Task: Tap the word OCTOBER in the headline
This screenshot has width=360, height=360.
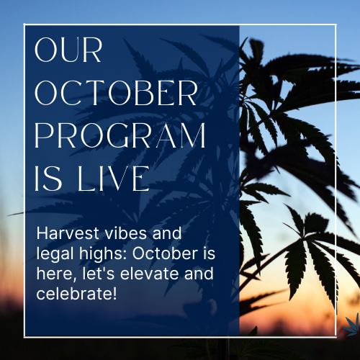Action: [114, 94]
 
